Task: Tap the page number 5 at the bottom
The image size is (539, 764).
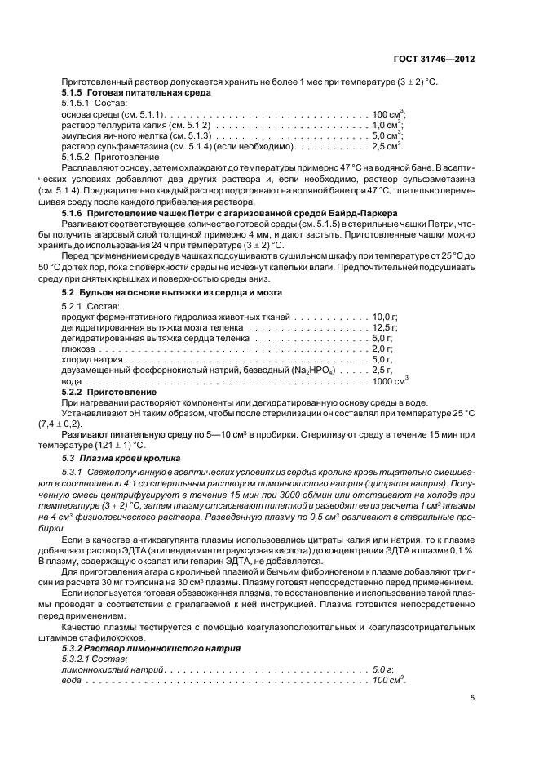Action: click(x=473, y=698)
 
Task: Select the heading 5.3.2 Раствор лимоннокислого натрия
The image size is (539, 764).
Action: click(x=151, y=647)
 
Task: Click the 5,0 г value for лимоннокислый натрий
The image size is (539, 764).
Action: click(x=382, y=668)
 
